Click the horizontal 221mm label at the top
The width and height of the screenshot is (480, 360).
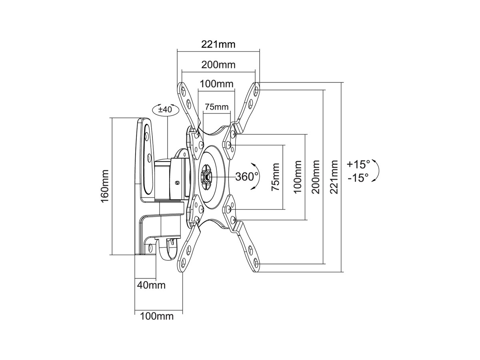(x=218, y=44)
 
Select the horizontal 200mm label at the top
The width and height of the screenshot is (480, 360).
(x=218, y=64)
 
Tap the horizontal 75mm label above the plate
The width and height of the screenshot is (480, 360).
(x=216, y=107)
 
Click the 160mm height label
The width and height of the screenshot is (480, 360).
(x=105, y=186)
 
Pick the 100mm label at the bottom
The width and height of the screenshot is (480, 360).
(x=157, y=316)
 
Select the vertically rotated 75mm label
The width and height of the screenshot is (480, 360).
(x=276, y=177)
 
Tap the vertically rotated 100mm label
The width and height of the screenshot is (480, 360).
(x=297, y=177)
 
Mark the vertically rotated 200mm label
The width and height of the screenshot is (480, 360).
(x=316, y=177)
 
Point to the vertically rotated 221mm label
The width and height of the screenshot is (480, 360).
(x=335, y=177)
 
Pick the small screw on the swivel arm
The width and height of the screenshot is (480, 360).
(x=178, y=182)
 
